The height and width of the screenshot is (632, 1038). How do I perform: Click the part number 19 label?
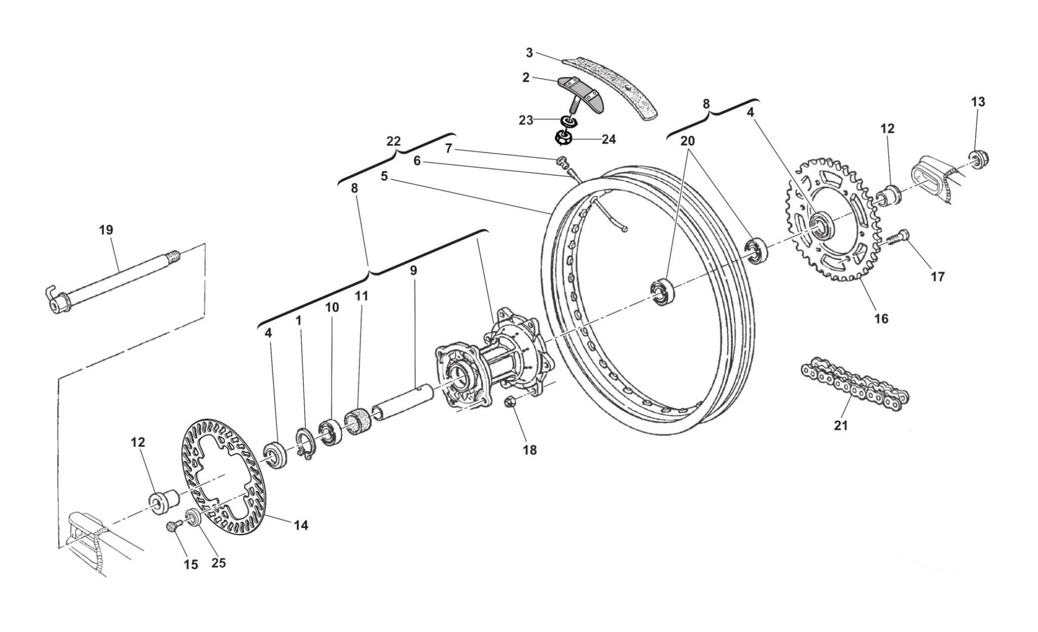106,230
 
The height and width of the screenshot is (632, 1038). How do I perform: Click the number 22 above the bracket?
393,142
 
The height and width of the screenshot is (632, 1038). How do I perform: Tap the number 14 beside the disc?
301,526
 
